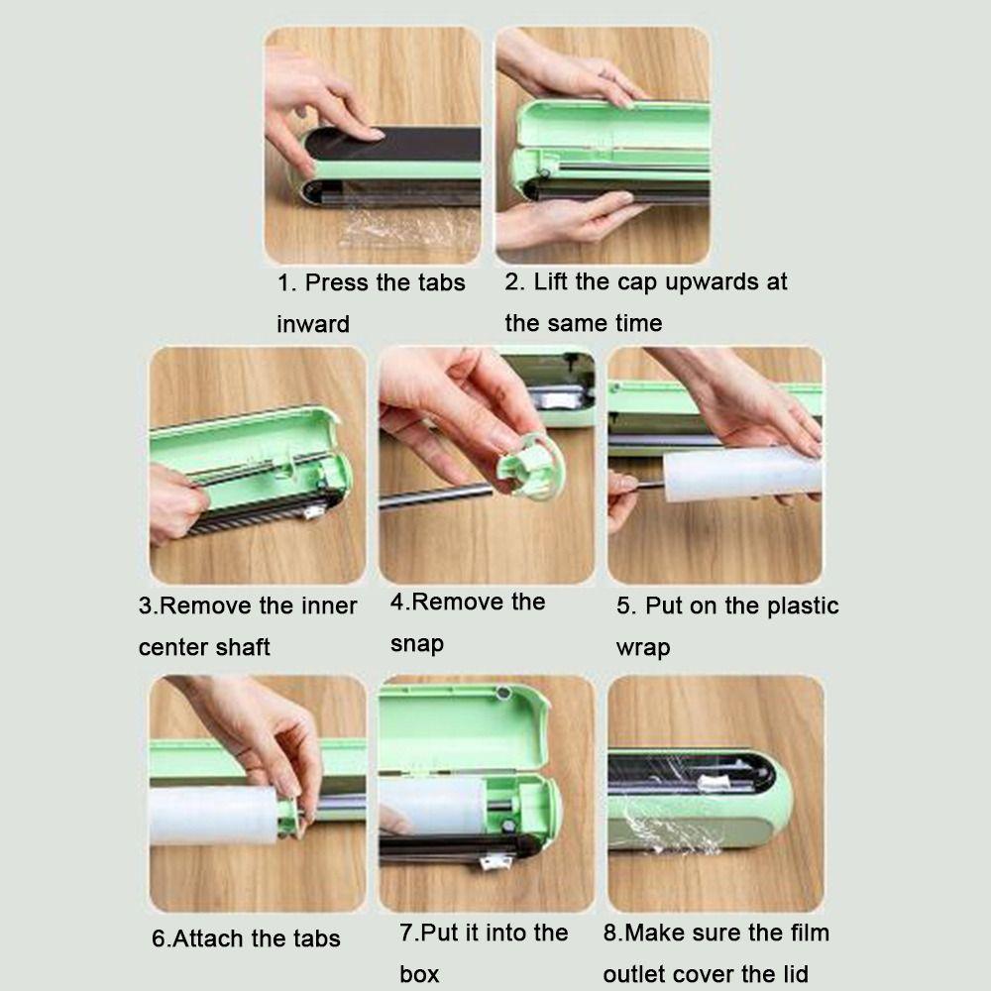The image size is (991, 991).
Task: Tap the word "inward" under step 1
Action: (313, 324)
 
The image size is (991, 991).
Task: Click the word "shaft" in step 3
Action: (241, 646)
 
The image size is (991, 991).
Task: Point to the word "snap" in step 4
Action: (417, 645)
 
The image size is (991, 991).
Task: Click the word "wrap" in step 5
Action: (643, 648)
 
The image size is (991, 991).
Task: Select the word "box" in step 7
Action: (419, 974)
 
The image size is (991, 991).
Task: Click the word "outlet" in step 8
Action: (636, 974)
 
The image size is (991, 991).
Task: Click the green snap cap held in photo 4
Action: (529, 467)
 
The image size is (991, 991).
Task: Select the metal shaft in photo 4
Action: (436, 496)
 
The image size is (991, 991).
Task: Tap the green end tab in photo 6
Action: (289, 819)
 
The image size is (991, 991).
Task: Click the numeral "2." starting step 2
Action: (514, 281)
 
